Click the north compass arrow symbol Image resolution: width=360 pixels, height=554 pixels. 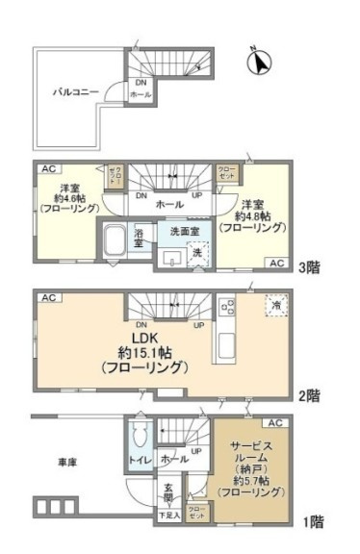[257, 62]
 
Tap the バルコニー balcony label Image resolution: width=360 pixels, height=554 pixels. [73, 91]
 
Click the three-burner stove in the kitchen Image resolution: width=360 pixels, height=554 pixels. [228, 308]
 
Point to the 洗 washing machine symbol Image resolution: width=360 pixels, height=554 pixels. [198, 253]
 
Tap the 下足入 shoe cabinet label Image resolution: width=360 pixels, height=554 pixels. [168, 516]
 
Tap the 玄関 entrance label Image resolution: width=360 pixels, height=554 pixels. [167, 493]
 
